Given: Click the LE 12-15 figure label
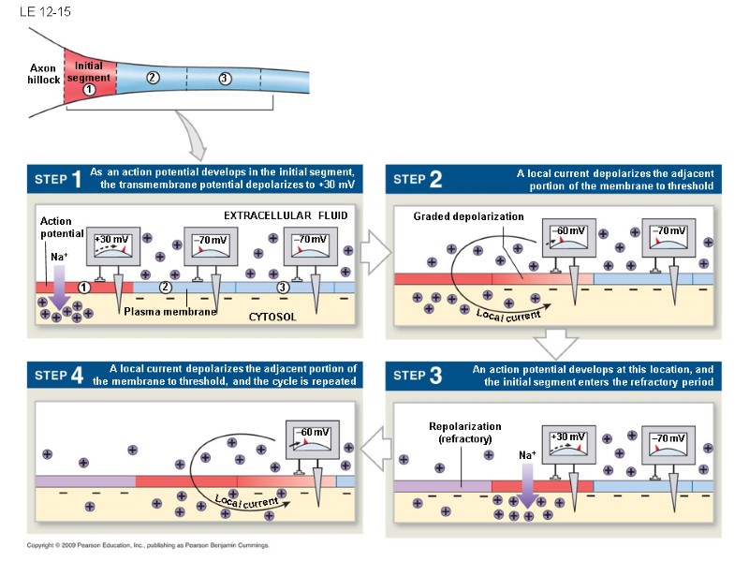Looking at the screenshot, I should (38, 13).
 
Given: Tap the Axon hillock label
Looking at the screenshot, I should (43, 74).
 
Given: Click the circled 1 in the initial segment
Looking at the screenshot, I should (88, 90).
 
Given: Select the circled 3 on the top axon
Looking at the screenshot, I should (225, 78).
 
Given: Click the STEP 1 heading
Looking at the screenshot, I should (58, 178).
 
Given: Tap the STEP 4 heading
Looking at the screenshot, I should (58, 376).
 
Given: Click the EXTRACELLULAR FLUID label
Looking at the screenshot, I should (286, 215).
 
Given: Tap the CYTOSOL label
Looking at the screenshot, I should (272, 317).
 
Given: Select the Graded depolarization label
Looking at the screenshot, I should (468, 216).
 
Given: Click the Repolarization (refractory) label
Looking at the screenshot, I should (464, 432).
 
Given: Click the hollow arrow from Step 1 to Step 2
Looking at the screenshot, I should (374, 254).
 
